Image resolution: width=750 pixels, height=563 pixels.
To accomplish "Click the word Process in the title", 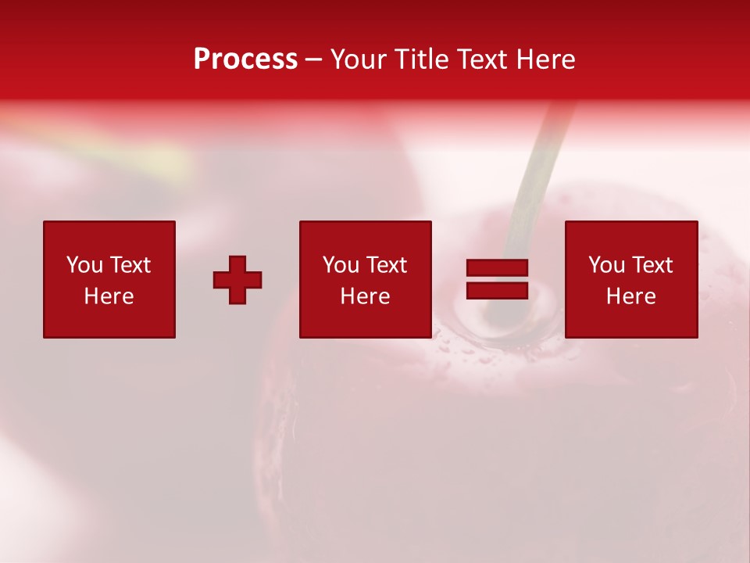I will pos(245,59).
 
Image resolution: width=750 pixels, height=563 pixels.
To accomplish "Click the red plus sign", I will pos(237,280).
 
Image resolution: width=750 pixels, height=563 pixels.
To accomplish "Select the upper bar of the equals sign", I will pos(497,268).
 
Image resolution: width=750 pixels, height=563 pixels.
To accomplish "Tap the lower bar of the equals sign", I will pos(497,291).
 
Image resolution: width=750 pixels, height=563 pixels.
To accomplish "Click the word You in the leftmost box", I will pos(84,265).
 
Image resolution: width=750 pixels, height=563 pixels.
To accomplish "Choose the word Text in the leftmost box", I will pos(129,265).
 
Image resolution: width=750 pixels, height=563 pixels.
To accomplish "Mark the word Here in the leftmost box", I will pos(109,296).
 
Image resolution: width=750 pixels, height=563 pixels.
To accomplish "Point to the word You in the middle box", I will pos(341,265).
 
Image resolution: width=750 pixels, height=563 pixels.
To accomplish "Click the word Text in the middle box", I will pos(385,265).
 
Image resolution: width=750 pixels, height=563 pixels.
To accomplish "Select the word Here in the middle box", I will pos(365,296).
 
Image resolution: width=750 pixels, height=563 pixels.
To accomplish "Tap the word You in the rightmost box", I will pos(606,265).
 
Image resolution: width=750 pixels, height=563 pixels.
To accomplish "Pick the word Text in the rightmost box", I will pos(651,265).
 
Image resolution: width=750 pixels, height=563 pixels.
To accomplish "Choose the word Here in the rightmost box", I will pos(630,296).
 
